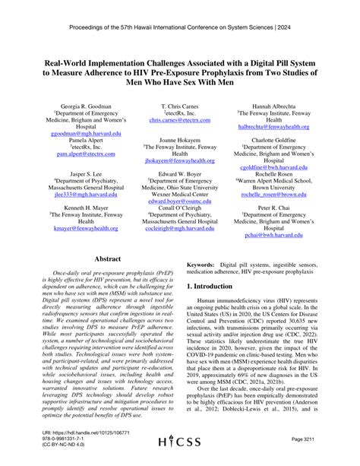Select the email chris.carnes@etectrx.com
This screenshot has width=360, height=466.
179,120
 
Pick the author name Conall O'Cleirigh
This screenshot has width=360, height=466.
179,209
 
